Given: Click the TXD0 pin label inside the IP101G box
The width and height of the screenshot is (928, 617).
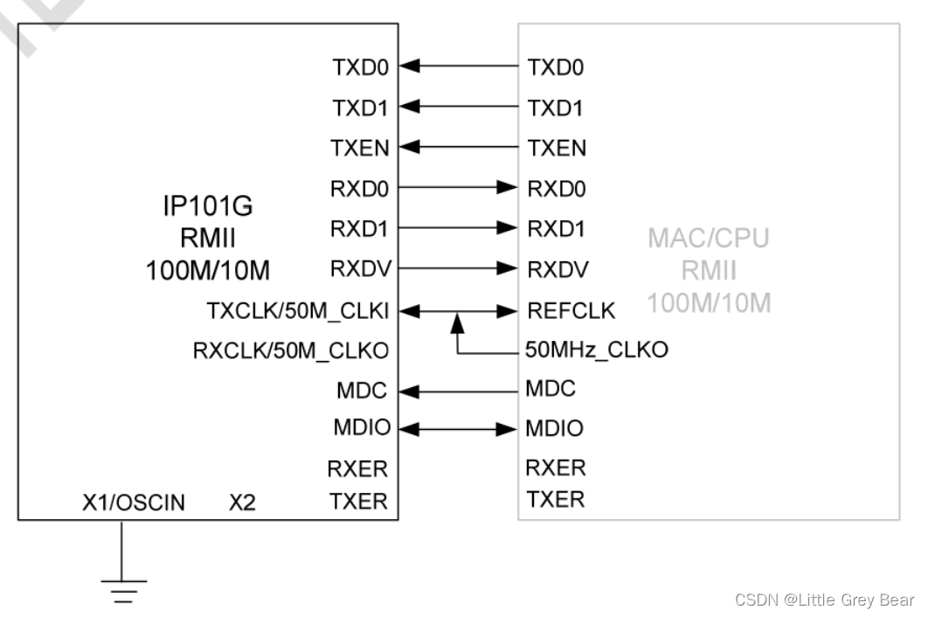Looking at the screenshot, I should click(x=360, y=66).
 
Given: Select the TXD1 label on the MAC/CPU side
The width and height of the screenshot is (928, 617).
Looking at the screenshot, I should click(x=557, y=107).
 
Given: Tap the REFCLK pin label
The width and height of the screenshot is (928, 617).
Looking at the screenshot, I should click(x=571, y=310).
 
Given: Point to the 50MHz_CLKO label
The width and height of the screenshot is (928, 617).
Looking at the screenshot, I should click(x=597, y=350).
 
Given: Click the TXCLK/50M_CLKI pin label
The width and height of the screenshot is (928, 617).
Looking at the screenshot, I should click(x=297, y=310).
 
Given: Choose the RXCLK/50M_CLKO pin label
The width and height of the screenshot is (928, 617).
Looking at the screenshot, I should click(x=290, y=350).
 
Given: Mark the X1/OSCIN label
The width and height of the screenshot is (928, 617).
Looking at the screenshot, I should click(x=134, y=503).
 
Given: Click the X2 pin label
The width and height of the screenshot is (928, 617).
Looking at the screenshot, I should click(x=242, y=503).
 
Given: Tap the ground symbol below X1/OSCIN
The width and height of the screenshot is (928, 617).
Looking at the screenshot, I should click(x=121, y=589).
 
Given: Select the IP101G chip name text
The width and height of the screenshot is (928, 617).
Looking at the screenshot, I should click(x=208, y=206).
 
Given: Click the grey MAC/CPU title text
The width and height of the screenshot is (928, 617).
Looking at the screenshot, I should click(x=709, y=239).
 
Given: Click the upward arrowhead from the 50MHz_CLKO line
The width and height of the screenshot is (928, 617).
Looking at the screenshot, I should click(x=456, y=324).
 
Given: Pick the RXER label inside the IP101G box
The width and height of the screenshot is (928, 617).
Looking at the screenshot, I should click(x=357, y=469).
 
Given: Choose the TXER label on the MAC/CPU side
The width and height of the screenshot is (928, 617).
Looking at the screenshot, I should click(x=555, y=499).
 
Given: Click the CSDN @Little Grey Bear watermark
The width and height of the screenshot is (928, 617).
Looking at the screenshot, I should click(x=824, y=600).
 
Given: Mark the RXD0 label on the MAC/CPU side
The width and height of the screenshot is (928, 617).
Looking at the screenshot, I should click(x=557, y=188).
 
